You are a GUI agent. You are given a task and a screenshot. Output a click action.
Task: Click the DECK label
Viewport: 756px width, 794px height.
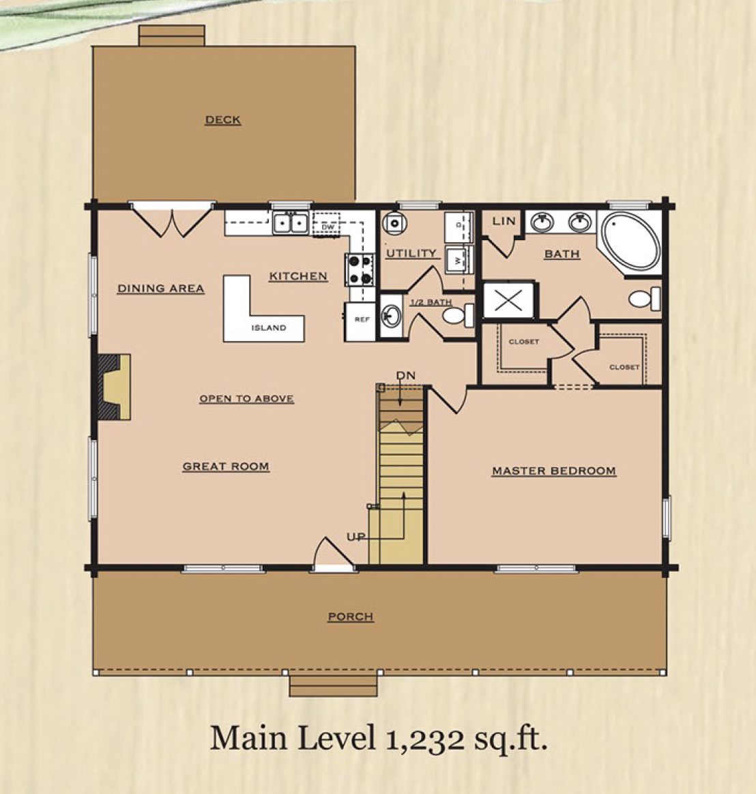[223, 120]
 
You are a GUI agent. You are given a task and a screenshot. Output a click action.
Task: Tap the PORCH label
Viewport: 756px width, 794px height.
[351, 617]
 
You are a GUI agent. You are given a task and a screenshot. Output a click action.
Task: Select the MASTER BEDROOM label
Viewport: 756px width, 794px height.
[554, 471]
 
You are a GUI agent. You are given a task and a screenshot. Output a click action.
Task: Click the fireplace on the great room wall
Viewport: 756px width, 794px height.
[115, 387]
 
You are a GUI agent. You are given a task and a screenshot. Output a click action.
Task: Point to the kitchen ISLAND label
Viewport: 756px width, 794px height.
[269, 327]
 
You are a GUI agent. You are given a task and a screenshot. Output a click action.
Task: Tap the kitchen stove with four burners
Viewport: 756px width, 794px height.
[360, 269]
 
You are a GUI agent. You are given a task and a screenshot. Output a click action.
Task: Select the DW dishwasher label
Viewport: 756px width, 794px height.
[328, 227]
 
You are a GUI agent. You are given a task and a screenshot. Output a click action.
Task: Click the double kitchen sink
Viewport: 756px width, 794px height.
[291, 223]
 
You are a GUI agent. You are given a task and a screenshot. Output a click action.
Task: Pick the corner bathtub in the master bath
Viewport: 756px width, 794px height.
[631, 244]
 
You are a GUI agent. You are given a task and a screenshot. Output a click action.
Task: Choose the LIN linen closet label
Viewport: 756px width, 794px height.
[504, 221]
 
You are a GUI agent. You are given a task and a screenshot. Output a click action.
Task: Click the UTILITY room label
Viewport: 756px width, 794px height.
[411, 253]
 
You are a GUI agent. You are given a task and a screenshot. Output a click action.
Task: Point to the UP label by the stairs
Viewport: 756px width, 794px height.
[356, 537]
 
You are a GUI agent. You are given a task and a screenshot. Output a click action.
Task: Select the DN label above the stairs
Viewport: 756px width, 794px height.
[405, 375]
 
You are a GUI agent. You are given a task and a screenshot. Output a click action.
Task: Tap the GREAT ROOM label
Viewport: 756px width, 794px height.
[226, 467]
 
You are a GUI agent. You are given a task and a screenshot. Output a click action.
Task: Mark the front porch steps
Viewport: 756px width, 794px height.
[333, 686]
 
